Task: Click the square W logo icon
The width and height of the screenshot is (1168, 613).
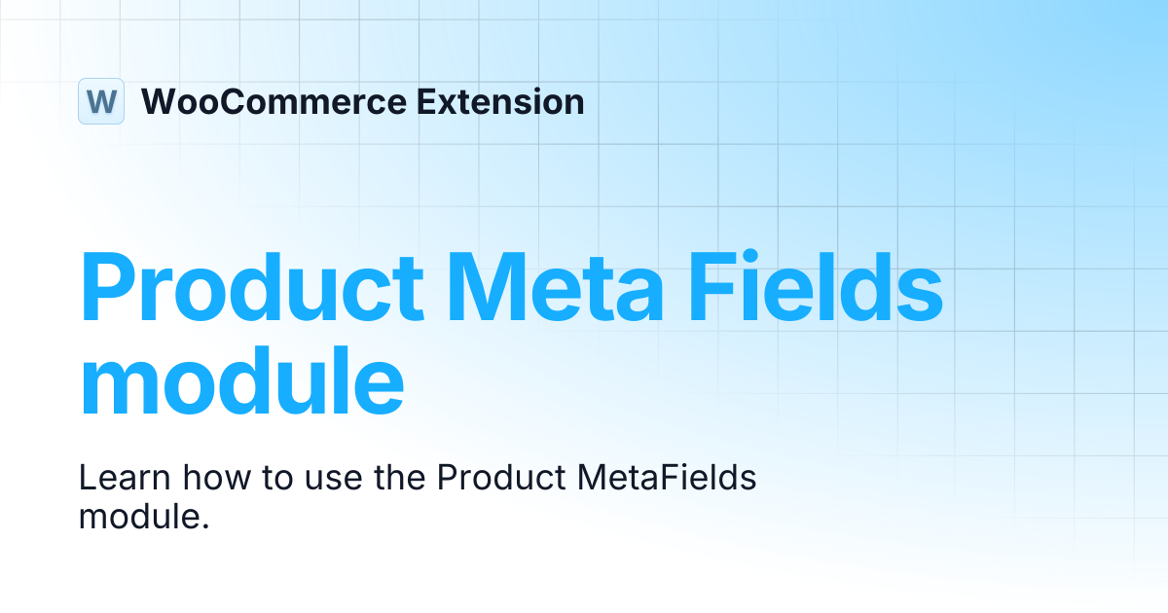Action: click(101, 101)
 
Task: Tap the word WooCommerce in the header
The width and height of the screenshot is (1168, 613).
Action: click(274, 101)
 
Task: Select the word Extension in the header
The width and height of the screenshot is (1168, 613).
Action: click(500, 101)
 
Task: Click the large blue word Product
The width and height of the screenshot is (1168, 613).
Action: click(251, 287)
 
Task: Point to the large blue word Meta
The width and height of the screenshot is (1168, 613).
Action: click(556, 287)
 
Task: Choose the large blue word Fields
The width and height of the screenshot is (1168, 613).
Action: click(816, 286)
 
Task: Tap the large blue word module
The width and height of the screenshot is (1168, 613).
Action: click(242, 381)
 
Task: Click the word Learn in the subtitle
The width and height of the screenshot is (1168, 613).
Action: click(125, 478)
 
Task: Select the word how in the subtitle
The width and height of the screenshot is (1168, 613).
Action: click(217, 478)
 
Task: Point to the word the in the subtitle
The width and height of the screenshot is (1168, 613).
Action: click(400, 478)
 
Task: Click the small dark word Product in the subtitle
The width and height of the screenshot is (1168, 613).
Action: click(501, 478)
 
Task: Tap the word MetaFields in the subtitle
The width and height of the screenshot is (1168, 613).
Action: click(667, 478)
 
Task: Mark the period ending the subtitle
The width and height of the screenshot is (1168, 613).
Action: click(205, 526)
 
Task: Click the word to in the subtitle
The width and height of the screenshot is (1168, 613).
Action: click(277, 479)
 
